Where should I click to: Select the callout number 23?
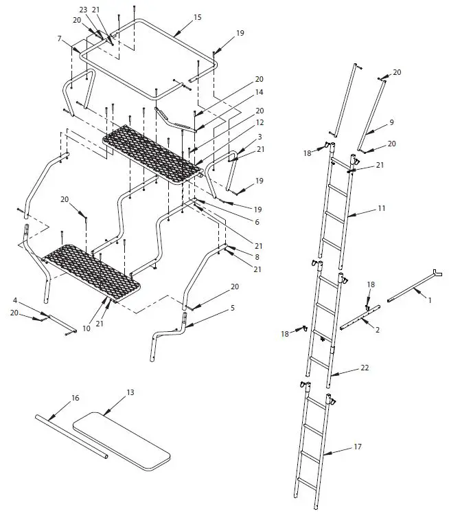click(x=83, y=10)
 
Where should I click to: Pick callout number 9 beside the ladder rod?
click(x=391, y=122)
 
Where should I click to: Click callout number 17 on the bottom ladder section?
click(x=357, y=447)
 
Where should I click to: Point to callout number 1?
click(x=430, y=300)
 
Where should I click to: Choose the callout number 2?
click(x=376, y=330)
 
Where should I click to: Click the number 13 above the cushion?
click(x=130, y=392)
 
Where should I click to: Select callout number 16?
click(x=76, y=398)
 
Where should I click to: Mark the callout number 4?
click(x=14, y=300)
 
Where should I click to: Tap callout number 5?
click(x=232, y=308)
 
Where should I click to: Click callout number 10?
click(x=87, y=329)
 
